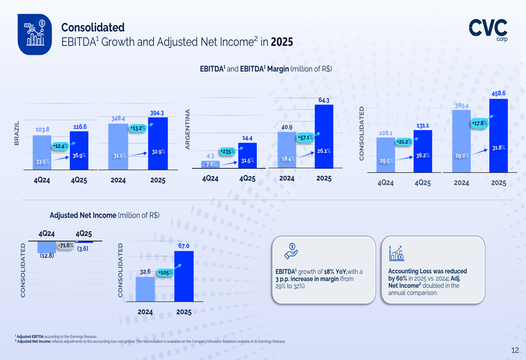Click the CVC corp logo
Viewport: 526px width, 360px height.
[x=488, y=29]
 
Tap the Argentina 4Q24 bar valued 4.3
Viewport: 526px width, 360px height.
[x=210, y=164]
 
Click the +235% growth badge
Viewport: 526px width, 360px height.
[x=227, y=151]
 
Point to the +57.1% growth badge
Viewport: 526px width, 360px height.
[x=306, y=138]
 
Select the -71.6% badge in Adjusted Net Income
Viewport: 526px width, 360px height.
[x=65, y=245]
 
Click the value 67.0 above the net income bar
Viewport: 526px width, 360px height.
[x=184, y=246]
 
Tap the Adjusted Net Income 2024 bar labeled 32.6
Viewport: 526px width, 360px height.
[x=145, y=289]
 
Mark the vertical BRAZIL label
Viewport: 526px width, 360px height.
[x=16, y=133]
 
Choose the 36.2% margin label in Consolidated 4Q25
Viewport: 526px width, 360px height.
[x=422, y=156]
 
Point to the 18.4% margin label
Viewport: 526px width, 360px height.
[x=287, y=158]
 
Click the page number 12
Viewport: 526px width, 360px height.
[x=515, y=351]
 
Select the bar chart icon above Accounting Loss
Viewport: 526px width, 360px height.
[x=397, y=253]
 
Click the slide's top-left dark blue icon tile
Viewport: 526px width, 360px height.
[x=35, y=34]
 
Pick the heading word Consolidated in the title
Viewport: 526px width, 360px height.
[x=93, y=27]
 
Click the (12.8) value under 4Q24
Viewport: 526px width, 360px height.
[x=47, y=256]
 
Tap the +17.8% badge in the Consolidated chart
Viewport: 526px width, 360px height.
[x=479, y=124]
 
